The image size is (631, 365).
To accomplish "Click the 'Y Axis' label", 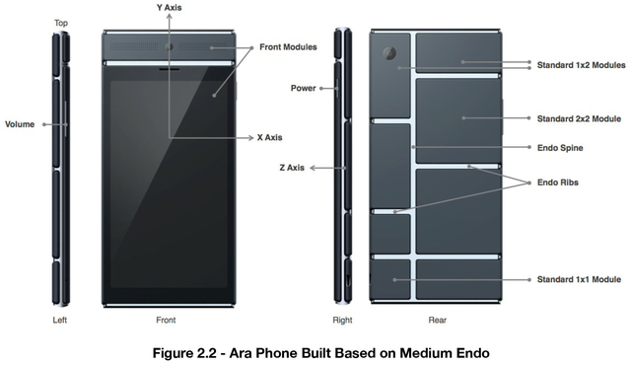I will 174,8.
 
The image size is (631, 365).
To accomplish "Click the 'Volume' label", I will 20,124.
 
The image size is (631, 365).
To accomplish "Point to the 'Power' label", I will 303,88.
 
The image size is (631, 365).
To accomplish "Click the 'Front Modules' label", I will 288,46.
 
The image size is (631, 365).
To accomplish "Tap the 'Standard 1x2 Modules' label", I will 581,66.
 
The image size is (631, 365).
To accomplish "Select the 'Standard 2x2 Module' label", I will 579,117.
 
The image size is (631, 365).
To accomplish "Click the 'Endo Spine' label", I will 560,149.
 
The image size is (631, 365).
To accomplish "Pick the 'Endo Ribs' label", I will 558,182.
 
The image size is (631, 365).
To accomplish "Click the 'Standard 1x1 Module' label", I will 579,280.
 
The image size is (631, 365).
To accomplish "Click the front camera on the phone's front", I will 171,47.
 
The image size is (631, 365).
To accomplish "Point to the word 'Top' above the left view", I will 61,22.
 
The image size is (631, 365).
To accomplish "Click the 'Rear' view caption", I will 437,321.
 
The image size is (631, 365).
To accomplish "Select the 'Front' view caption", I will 166,321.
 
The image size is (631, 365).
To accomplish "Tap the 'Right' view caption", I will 342,321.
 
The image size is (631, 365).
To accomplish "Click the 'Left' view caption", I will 59,321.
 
